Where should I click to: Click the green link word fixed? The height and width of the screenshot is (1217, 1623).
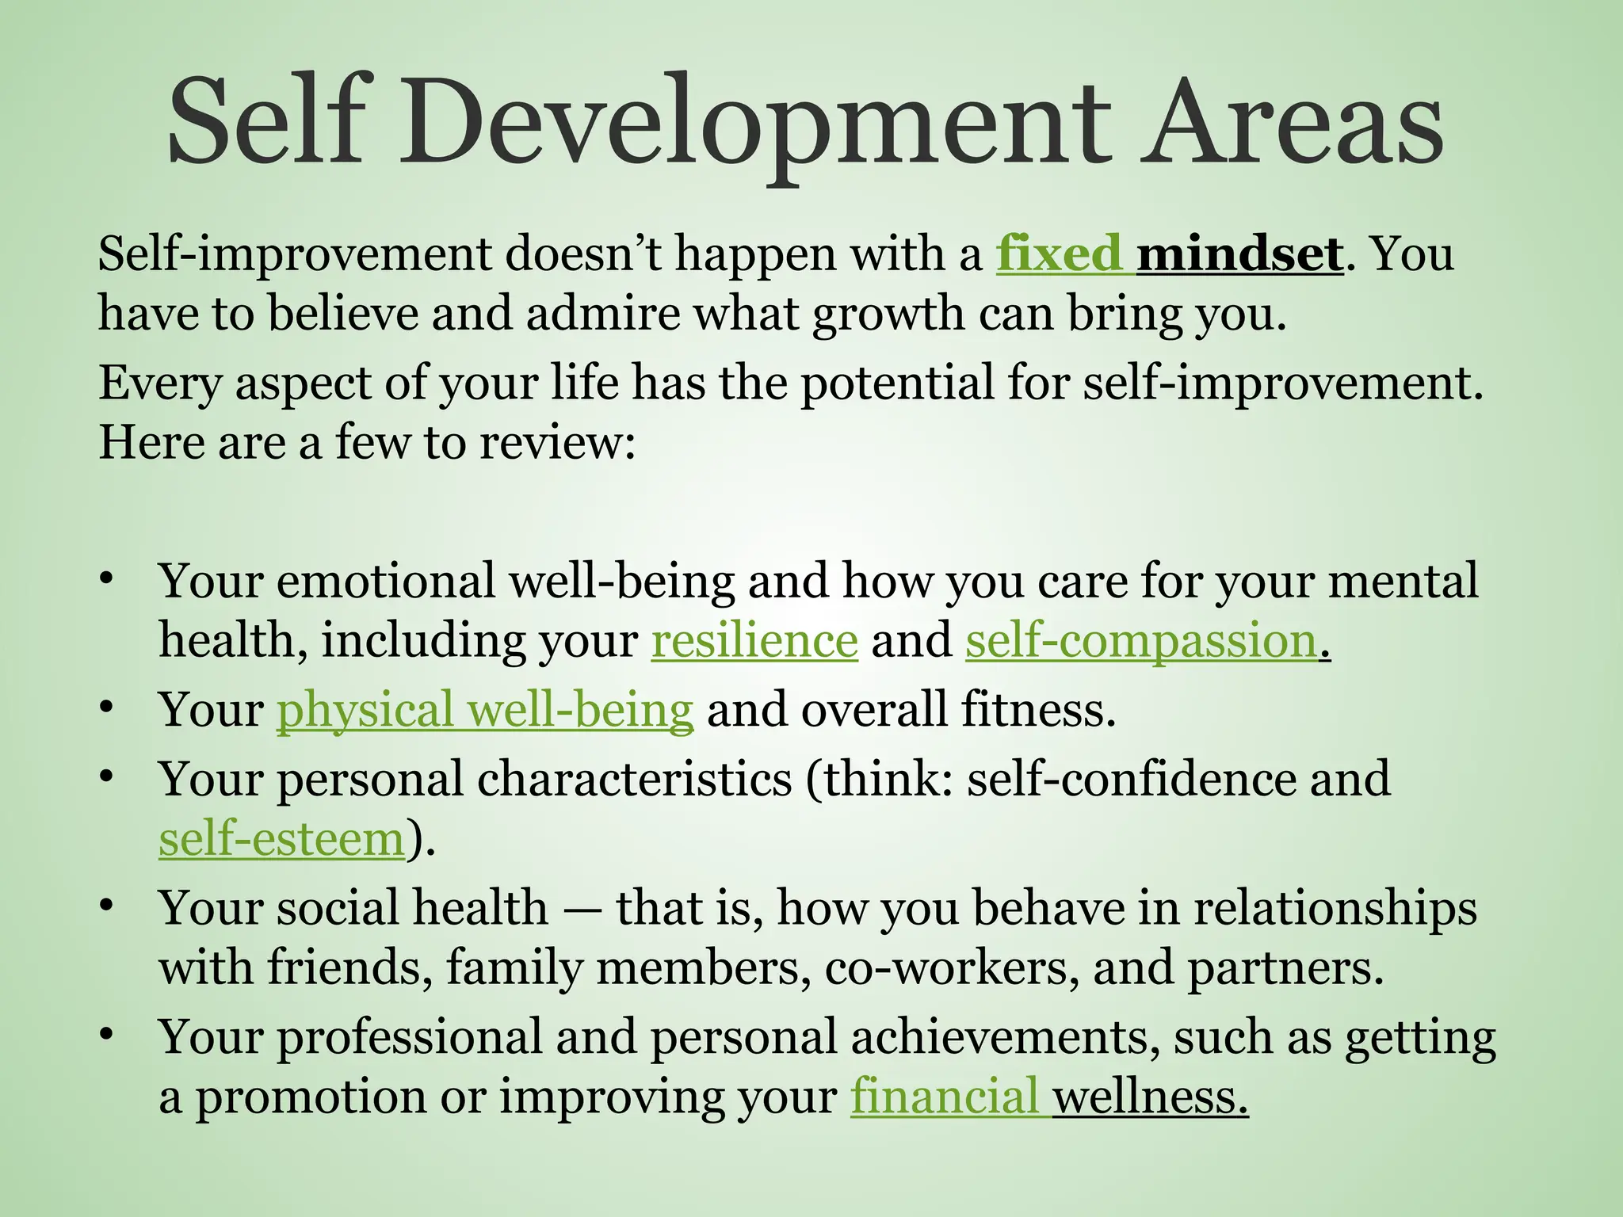pyautogui.click(x=1059, y=254)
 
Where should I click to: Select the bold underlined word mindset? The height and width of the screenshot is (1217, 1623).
pyautogui.click(x=1239, y=254)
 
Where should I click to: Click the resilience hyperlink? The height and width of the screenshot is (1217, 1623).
pyautogui.click(x=754, y=640)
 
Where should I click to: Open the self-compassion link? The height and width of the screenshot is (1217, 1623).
pyautogui.click(x=1141, y=640)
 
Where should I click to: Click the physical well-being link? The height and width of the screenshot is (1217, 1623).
pyautogui.click(x=485, y=709)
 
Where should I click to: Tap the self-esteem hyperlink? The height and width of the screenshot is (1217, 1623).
pyautogui.click(x=282, y=839)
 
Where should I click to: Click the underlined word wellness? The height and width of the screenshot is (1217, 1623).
pyautogui.click(x=1149, y=1097)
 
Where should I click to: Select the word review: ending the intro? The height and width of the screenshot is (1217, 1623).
pyautogui.click(x=558, y=442)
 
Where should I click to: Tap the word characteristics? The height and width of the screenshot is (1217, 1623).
pyautogui.click(x=634, y=779)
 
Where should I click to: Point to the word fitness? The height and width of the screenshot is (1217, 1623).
pyautogui.click(x=1038, y=709)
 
